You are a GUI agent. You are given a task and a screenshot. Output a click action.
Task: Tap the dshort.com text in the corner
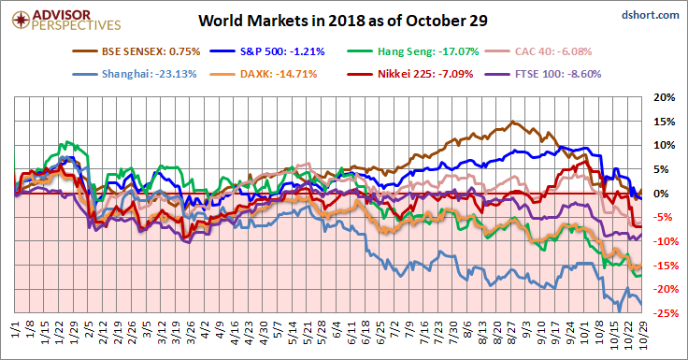651,15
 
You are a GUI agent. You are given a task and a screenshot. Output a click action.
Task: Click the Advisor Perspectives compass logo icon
21,20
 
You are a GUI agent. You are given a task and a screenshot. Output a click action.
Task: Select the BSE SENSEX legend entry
136,51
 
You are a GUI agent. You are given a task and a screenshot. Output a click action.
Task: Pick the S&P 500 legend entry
267,51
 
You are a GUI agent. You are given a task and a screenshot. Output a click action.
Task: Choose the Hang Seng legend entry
413,51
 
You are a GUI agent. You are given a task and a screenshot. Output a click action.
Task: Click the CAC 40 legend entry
538,51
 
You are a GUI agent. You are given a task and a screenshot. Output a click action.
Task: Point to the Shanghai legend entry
135,74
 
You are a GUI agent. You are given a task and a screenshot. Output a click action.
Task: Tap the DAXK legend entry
264,74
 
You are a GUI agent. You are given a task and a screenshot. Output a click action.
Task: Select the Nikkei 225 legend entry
410,74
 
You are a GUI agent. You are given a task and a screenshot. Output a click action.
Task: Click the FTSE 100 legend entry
543,74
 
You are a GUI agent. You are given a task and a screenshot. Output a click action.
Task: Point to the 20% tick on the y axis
665,97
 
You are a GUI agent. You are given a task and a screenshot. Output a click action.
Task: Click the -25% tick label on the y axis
663,313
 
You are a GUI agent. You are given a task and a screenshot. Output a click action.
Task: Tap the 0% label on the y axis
666,194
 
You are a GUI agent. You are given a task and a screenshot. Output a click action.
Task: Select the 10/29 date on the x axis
642,335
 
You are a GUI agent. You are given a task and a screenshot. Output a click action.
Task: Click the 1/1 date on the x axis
15,329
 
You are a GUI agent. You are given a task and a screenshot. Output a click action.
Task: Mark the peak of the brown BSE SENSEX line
512,122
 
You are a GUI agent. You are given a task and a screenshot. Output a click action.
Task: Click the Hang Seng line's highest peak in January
66,142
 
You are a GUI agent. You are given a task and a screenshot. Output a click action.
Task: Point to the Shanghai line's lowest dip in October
619,311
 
